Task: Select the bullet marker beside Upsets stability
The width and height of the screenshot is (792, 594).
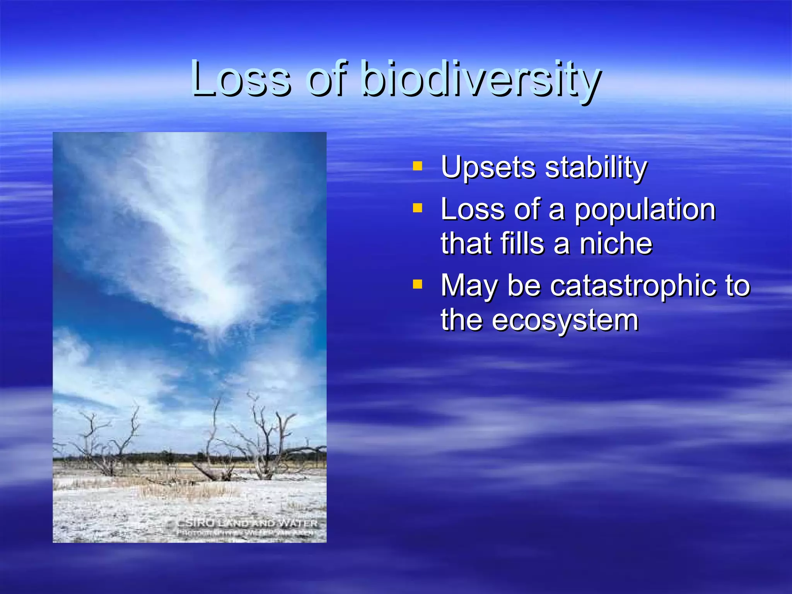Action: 417,166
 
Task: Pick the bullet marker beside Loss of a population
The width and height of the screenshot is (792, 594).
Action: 417,208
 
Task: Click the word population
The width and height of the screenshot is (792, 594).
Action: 645,210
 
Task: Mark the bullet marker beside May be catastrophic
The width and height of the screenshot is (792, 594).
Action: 417,285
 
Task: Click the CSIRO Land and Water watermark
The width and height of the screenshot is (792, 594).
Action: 247,523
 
